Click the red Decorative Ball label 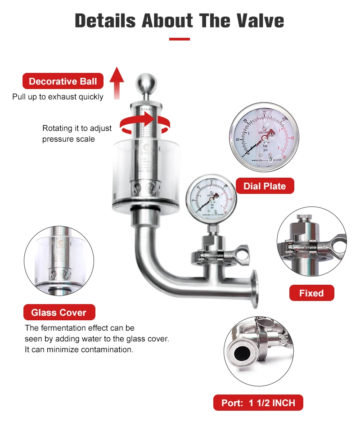coord(63,81)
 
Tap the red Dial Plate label coord(265,186)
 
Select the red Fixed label coord(311,293)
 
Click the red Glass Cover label coord(59,312)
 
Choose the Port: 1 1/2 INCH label coord(258,403)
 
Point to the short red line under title coord(179,39)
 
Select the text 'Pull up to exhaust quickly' coord(58,97)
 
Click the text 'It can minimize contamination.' coord(79,350)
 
